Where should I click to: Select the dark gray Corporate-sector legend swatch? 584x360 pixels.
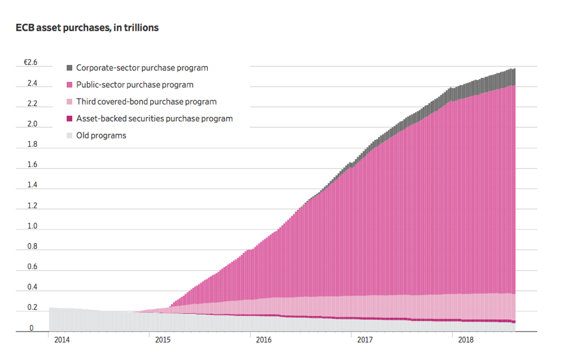[x=70, y=68]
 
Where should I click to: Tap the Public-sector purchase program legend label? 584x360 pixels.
[x=134, y=84]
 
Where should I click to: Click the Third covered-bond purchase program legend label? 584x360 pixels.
[x=146, y=101]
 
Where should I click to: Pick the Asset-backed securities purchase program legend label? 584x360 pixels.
[x=154, y=118]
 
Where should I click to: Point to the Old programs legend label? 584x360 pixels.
[x=101, y=135]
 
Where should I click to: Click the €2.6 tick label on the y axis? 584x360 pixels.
[x=31, y=62]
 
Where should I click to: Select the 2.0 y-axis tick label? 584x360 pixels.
[x=31, y=124]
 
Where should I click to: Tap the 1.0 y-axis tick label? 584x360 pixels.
[x=31, y=226]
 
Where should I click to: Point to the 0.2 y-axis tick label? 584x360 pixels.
[x=31, y=308]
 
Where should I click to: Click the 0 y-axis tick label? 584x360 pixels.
[x=31, y=328]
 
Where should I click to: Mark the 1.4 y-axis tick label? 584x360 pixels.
[x=31, y=185]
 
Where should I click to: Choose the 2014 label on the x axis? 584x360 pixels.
[x=62, y=339]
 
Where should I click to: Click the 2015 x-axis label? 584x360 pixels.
[x=162, y=339]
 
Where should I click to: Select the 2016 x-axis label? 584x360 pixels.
[x=264, y=339]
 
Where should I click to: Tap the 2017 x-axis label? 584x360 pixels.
[x=365, y=339]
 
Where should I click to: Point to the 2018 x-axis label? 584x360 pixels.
[x=466, y=339]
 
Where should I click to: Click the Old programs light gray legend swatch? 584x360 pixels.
[x=70, y=135]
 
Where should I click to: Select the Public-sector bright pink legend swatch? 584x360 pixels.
[x=70, y=84]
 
